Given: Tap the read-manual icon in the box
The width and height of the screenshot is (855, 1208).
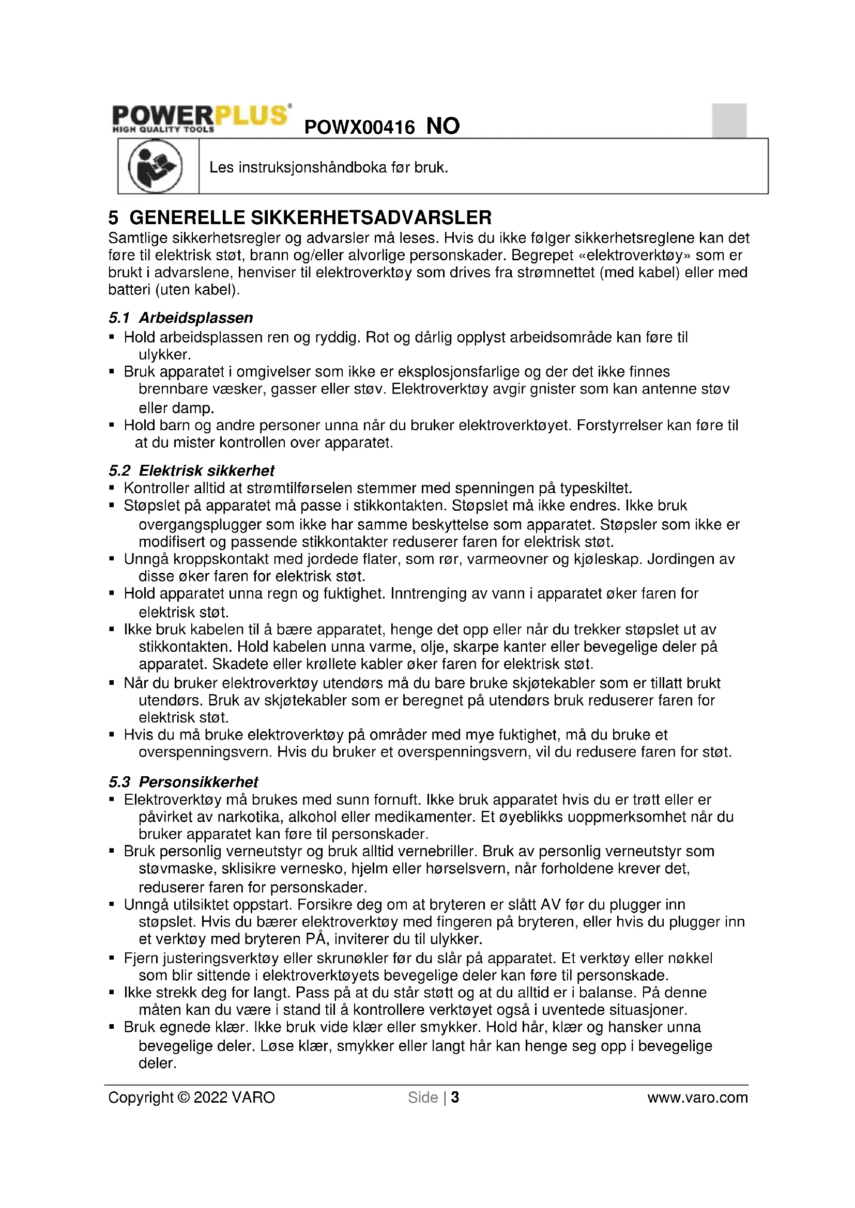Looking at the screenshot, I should point(155,166).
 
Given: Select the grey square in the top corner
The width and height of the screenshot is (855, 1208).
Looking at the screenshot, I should point(729,120).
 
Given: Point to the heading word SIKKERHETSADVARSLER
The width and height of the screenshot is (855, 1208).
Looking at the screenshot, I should point(371,217).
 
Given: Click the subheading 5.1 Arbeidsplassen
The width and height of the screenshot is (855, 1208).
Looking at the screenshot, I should point(180,318).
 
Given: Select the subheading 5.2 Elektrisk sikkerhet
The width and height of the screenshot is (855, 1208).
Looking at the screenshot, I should point(192,470).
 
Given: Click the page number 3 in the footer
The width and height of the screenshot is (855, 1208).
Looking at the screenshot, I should point(455,1097).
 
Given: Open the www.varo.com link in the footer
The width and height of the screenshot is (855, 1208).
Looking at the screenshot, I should point(697,1097).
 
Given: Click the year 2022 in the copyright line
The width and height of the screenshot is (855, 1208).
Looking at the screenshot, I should point(210,1097).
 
